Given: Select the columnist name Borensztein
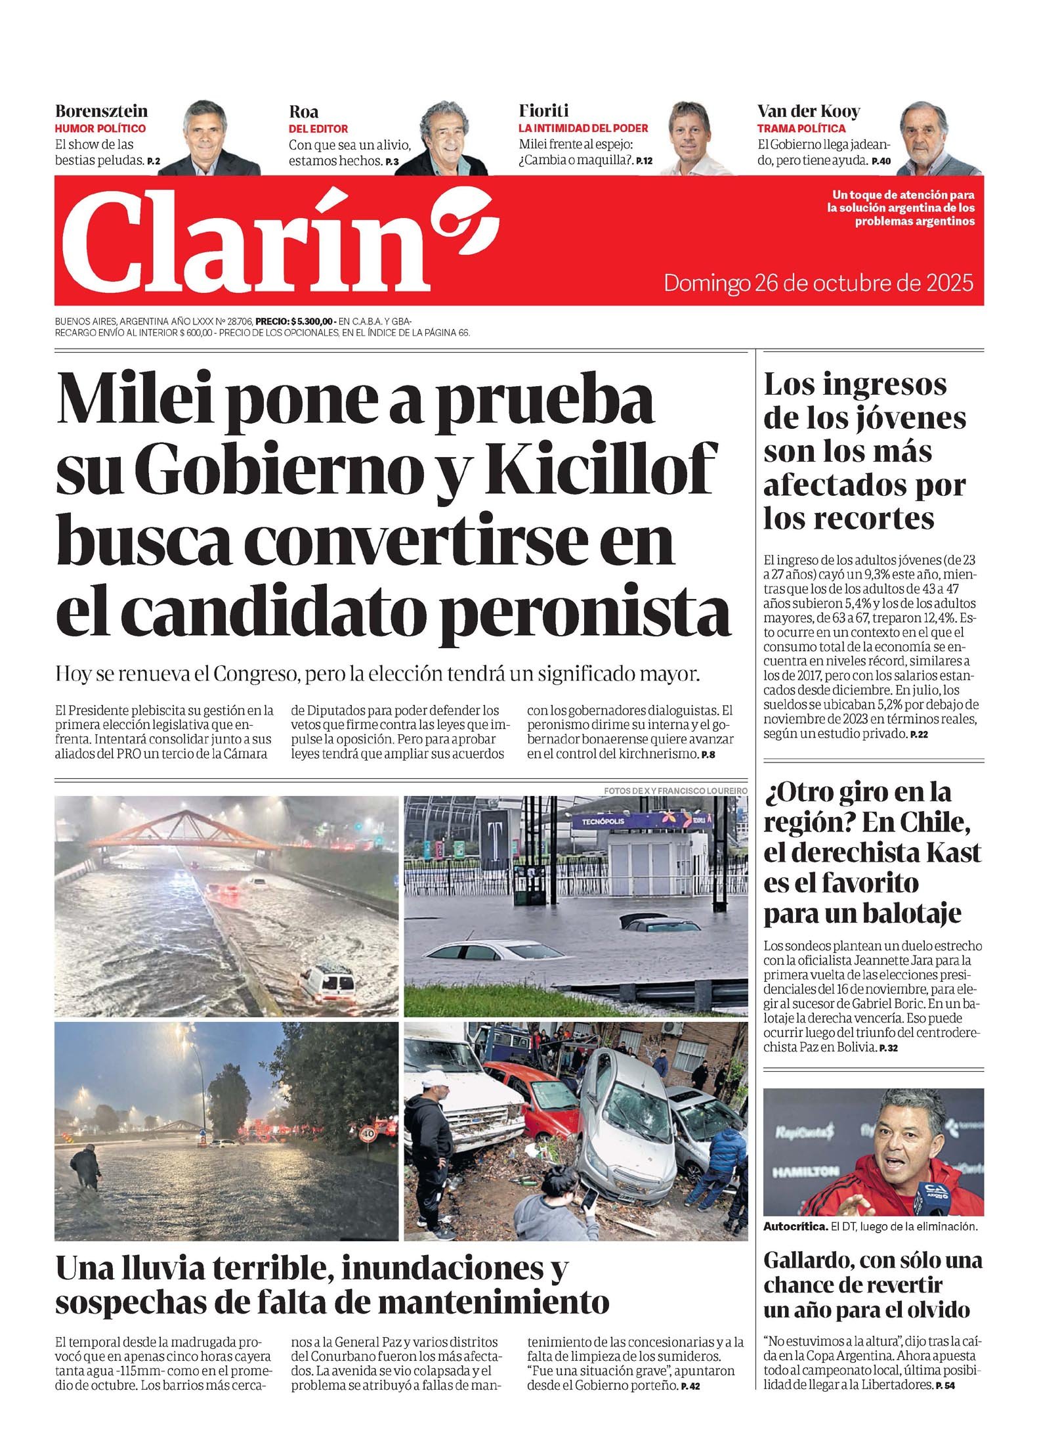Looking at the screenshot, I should (x=101, y=110).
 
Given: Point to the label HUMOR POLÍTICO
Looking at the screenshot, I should (x=100, y=128).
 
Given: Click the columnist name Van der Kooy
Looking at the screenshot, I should (x=808, y=110).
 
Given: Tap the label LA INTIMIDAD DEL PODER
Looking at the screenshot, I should (x=583, y=128).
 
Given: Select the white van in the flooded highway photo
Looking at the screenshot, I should (x=328, y=981).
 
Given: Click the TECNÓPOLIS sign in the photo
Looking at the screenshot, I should (x=603, y=822).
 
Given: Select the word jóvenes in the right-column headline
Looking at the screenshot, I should (x=912, y=418).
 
